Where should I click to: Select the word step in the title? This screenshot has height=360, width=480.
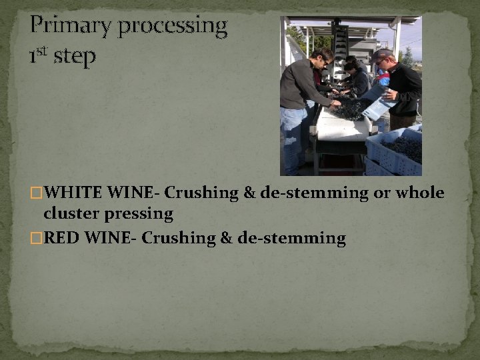click(75, 57)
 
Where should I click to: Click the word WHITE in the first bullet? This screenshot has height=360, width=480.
click(74, 193)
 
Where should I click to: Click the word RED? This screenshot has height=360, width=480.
click(62, 238)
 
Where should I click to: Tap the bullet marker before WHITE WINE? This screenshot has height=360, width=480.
click(37, 194)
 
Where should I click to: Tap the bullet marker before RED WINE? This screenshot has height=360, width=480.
click(37, 239)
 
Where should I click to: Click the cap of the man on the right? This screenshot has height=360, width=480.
click(382, 54)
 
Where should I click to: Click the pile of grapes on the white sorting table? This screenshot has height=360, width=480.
click(349, 109)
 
